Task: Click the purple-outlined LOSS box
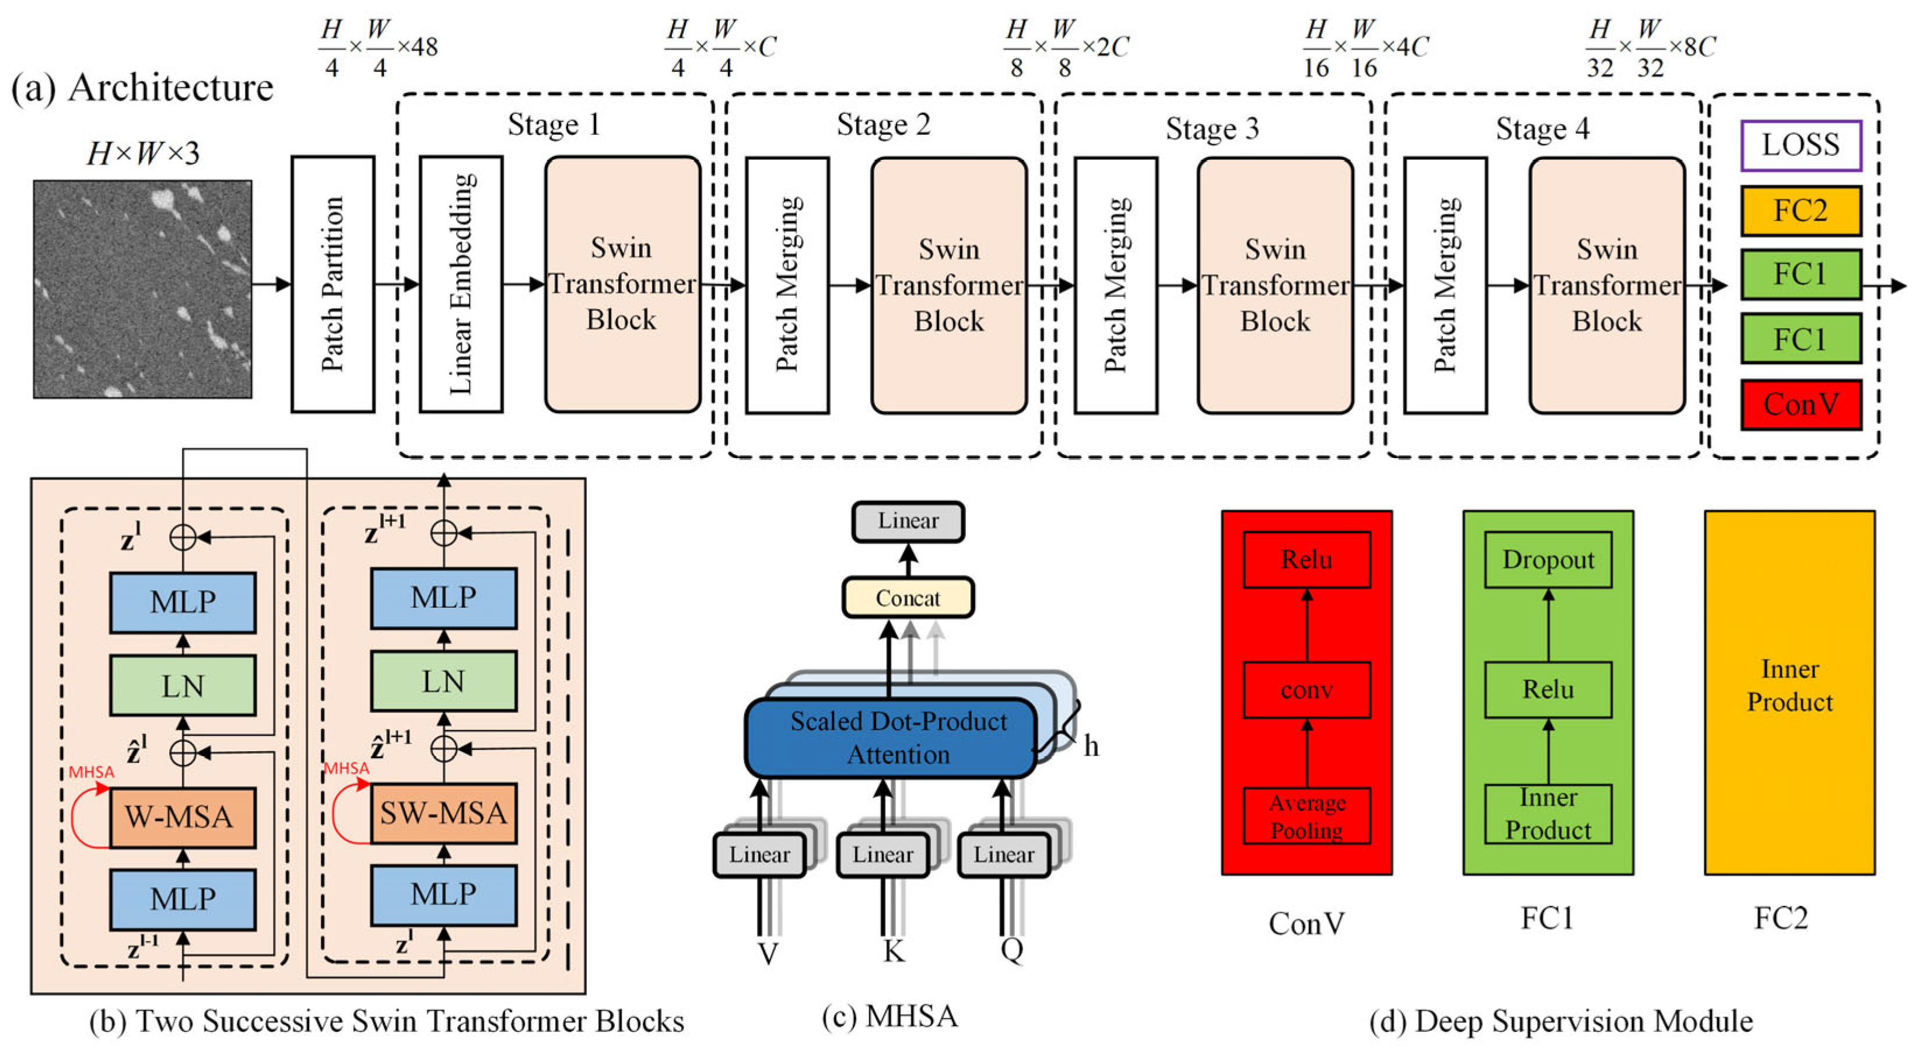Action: [x=1800, y=145]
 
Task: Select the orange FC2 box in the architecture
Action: [x=1800, y=211]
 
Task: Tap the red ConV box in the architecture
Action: [x=1800, y=404]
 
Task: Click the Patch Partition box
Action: [x=332, y=284]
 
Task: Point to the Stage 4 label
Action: [x=1542, y=129]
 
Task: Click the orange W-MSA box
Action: [x=183, y=817]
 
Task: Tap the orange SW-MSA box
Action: [x=443, y=813]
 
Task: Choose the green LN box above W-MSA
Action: [x=183, y=686]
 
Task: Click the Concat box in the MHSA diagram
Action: [x=908, y=598]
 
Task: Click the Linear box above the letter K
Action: [x=882, y=854]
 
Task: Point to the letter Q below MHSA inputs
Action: [x=1011, y=950]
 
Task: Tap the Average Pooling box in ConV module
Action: [x=1307, y=816]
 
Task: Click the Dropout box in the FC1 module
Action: [x=1548, y=560]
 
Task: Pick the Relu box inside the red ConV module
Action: [x=1307, y=560]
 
